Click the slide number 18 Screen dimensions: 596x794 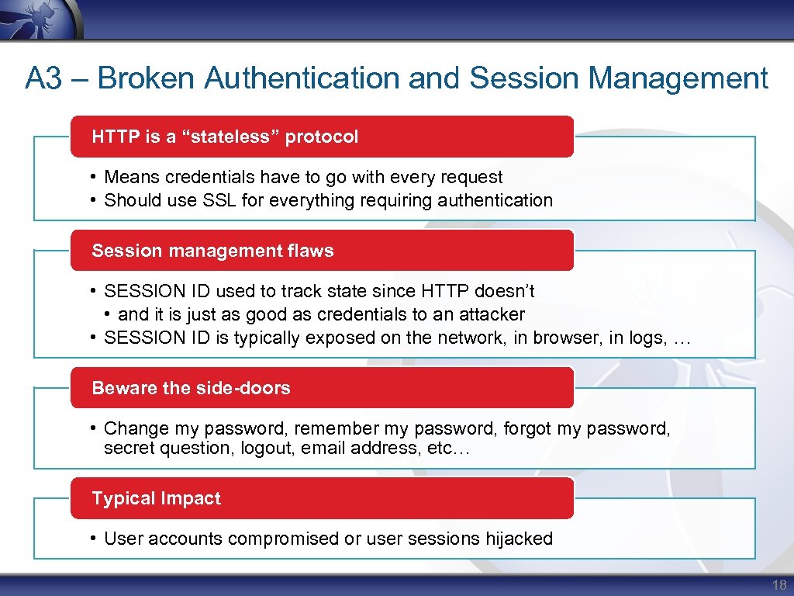(779, 584)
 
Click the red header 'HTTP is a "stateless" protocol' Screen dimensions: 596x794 (225, 137)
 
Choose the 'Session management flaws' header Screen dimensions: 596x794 (212, 251)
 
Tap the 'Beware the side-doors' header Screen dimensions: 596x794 (191, 388)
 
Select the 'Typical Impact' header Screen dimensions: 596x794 (156, 498)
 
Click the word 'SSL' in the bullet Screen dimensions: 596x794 (219, 200)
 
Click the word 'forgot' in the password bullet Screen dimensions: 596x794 (529, 428)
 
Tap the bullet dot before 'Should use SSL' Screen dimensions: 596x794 (93, 200)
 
